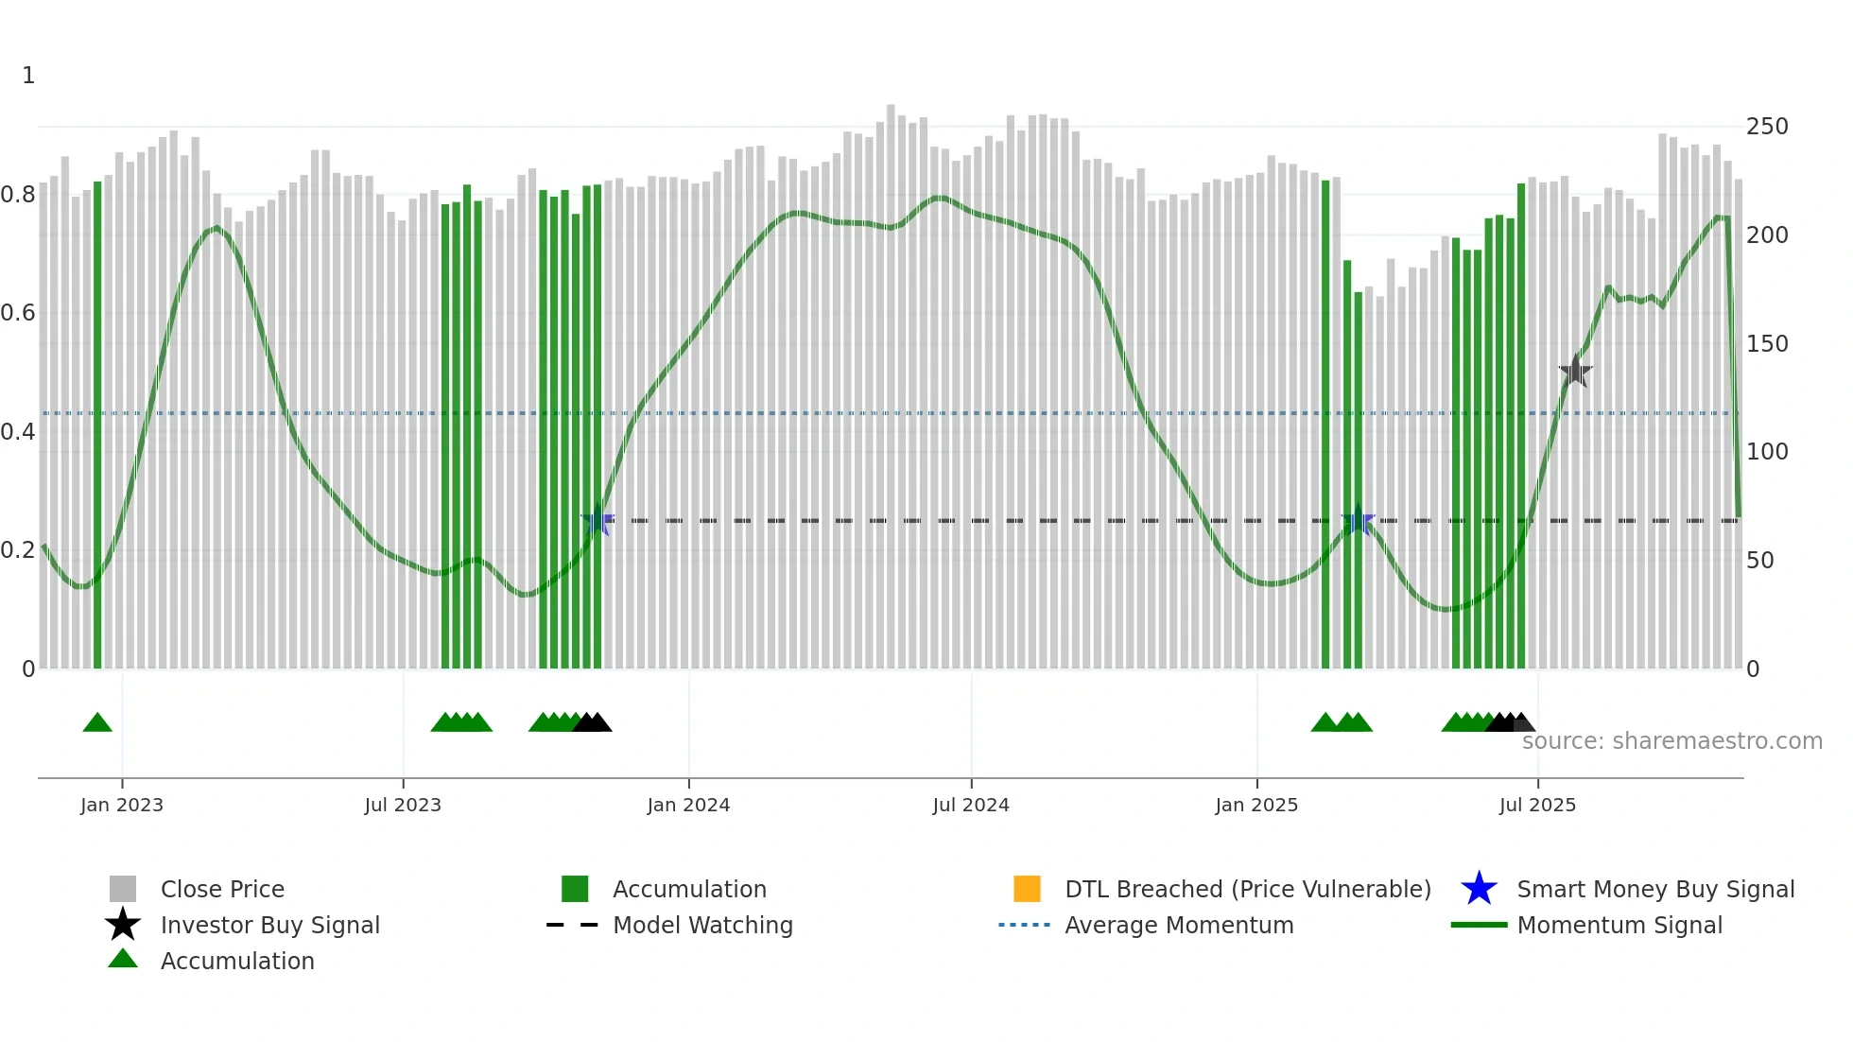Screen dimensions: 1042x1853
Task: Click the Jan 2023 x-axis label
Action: coord(122,805)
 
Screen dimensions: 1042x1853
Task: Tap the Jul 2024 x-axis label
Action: coord(971,805)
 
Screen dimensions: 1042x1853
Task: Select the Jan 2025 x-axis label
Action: coord(1256,805)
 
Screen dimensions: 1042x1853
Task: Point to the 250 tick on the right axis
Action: coord(1766,127)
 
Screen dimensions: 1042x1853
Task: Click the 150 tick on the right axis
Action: coord(1766,344)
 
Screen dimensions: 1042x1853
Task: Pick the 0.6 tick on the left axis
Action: coord(19,313)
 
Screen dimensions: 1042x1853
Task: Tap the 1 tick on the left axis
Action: coord(28,76)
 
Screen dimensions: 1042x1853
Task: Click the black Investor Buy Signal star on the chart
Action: coord(1575,372)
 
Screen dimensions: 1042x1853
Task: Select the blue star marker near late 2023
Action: coord(597,520)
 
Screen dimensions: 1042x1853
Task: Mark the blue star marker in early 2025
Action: coord(1358,520)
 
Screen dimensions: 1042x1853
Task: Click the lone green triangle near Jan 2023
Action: coord(97,723)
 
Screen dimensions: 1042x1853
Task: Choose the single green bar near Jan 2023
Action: coord(97,425)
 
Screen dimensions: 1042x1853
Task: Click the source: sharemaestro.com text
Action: coord(1671,741)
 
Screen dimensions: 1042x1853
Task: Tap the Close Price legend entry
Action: coord(222,889)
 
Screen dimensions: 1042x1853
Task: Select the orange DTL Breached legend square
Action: coord(1027,889)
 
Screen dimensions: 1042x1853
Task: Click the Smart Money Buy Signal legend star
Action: coord(1479,889)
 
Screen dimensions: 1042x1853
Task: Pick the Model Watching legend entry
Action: coord(702,925)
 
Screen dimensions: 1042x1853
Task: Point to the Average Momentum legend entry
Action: coord(1179,925)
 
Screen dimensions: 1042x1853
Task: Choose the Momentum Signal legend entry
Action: coord(1619,925)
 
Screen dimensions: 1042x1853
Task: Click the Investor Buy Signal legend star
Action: coord(123,925)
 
